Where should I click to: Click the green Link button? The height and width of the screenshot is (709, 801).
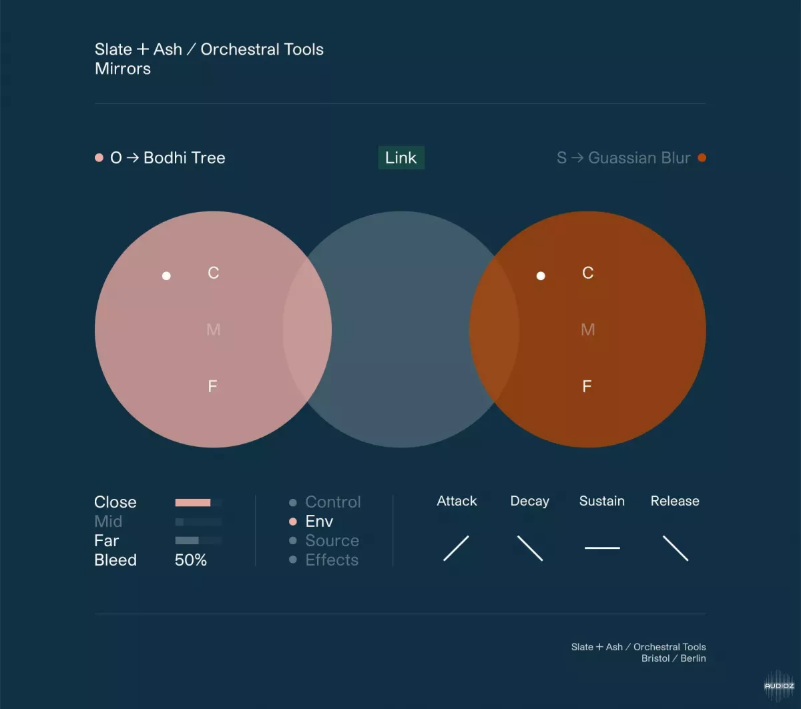[401, 157]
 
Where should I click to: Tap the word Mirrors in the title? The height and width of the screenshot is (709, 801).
[123, 69]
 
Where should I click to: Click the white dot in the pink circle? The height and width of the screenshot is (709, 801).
[166, 275]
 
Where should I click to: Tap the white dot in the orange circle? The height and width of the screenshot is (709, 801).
[541, 275]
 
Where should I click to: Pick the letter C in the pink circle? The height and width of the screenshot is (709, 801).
[214, 273]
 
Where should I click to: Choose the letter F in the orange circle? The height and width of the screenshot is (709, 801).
[587, 386]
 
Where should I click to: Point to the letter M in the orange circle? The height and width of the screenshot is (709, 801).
[587, 329]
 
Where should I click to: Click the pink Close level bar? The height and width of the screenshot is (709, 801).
[193, 502]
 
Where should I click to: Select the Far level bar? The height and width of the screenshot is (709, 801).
[187, 540]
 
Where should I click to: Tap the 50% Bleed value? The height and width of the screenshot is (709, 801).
[190, 560]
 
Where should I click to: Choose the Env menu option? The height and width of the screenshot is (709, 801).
[319, 522]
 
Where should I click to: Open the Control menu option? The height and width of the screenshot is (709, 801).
[333, 502]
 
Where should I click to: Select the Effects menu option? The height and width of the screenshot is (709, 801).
[332, 560]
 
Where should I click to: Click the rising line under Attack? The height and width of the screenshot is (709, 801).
[456, 548]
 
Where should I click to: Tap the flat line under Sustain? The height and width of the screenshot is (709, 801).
[602, 548]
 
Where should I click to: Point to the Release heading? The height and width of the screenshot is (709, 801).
[675, 501]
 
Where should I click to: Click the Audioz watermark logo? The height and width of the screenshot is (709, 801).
[779, 686]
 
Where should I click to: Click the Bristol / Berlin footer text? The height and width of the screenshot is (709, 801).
[674, 658]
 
